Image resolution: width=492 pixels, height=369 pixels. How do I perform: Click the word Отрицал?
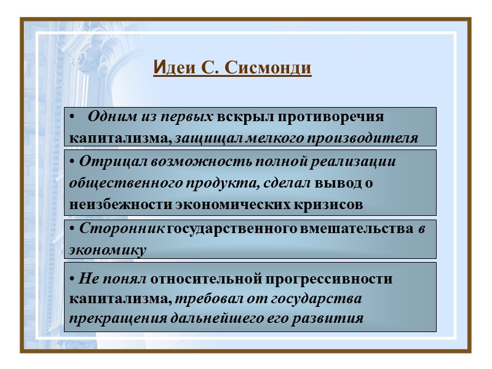[109, 162]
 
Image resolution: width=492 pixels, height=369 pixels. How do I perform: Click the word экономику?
[108, 250]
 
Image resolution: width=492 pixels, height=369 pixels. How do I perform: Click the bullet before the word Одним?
[73, 117]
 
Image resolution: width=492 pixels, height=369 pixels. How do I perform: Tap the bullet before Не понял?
[73, 279]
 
